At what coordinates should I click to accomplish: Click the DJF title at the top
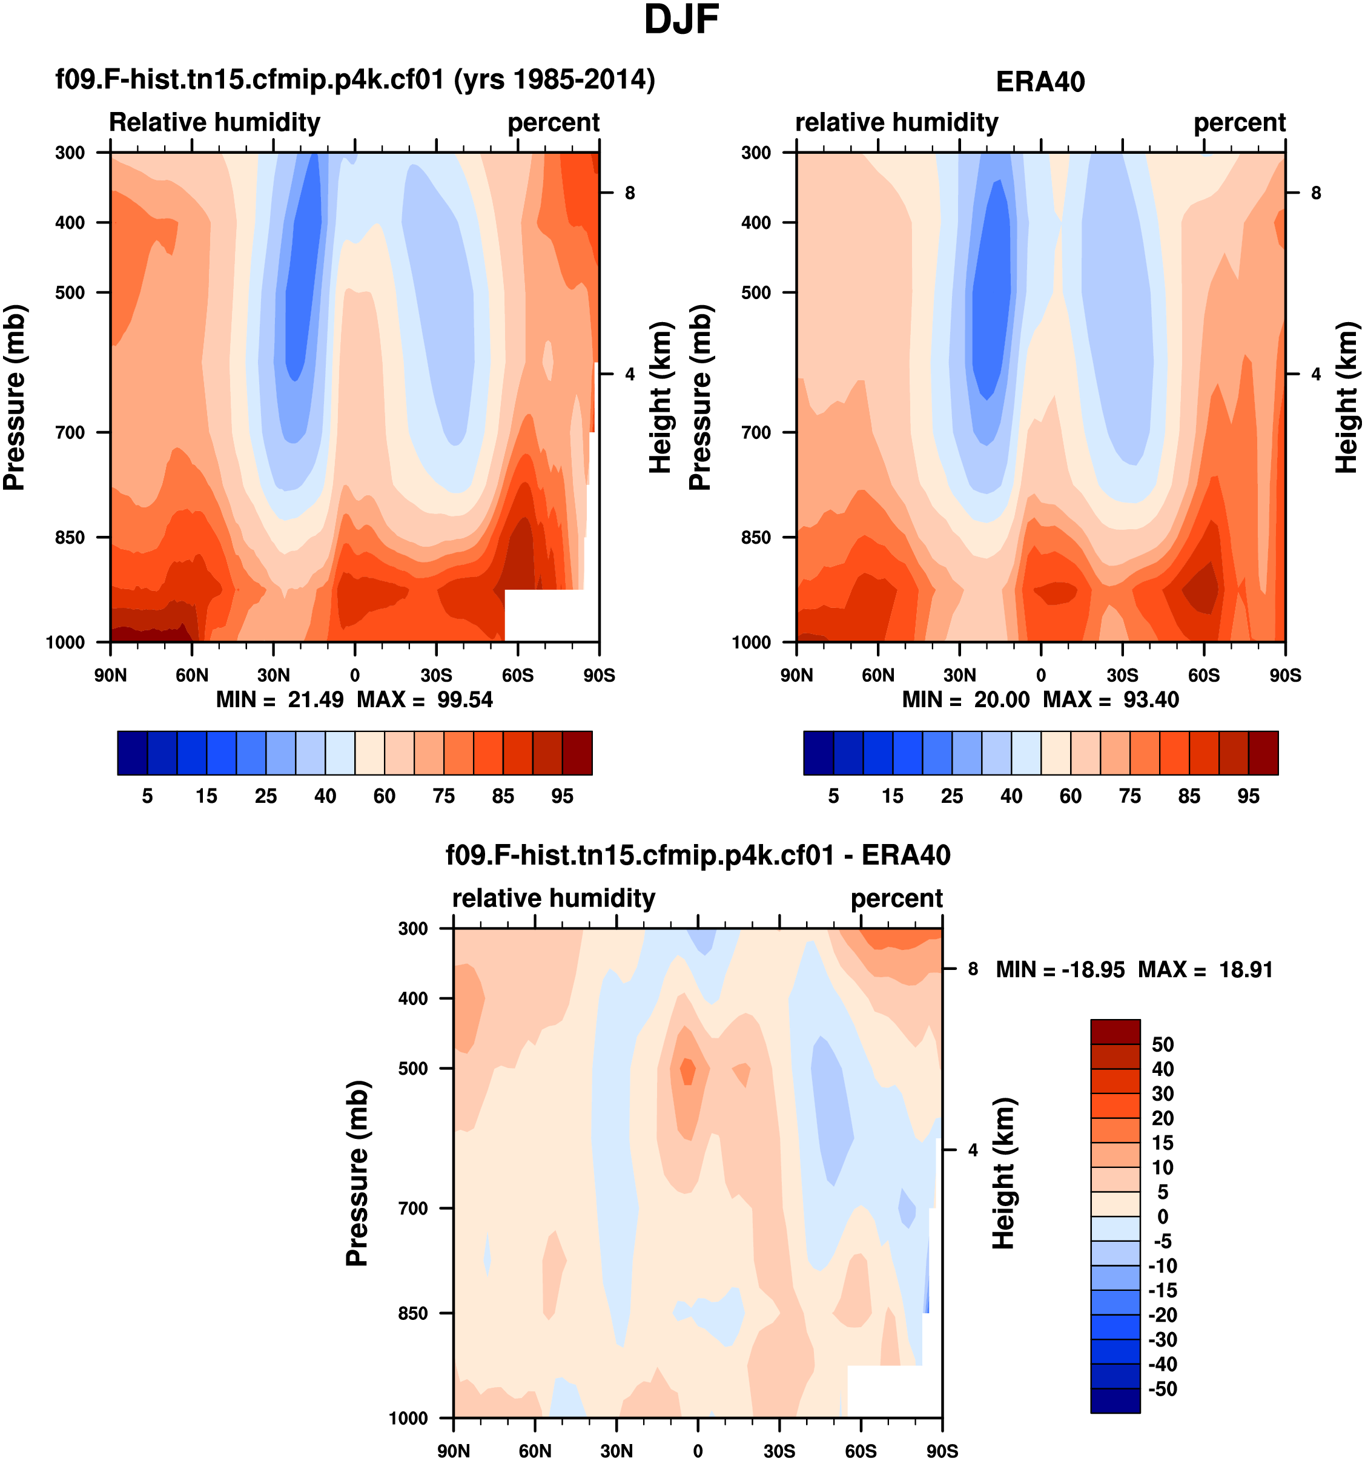pyautogui.click(x=681, y=20)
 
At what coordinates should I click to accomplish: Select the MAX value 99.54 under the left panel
pyautogui.click(x=464, y=700)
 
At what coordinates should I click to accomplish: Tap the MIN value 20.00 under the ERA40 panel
pyautogui.click(x=1001, y=700)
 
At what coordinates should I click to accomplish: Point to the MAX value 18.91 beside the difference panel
pyautogui.click(x=1245, y=970)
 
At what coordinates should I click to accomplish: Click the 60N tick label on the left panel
pyautogui.click(x=192, y=675)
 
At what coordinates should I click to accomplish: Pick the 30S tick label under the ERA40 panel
pyautogui.click(x=1122, y=675)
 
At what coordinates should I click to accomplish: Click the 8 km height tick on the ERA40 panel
pyautogui.click(x=1316, y=193)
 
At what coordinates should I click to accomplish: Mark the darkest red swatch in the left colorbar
pyautogui.click(x=577, y=753)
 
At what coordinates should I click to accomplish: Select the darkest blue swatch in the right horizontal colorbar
pyautogui.click(x=818, y=753)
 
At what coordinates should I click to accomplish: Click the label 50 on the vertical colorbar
pyautogui.click(x=1163, y=1044)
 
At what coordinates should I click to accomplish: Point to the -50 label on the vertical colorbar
pyautogui.click(x=1162, y=1389)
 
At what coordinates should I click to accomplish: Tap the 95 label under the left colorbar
pyautogui.click(x=563, y=797)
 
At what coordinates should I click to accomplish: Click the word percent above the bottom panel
pyautogui.click(x=896, y=898)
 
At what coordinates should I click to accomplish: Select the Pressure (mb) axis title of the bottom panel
pyautogui.click(x=357, y=1173)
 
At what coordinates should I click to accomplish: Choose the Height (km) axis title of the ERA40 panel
pyautogui.click(x=1345, y=397)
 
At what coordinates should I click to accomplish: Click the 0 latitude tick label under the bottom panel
pyautogui.click(x=698, y=1451)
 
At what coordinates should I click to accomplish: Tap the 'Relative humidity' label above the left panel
pyautogui.click(x=214, y=122)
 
